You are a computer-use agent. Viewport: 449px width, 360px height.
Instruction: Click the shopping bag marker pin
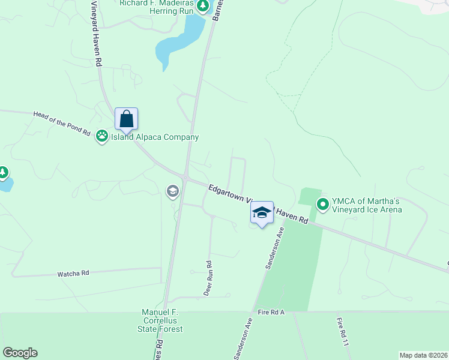point(127,119)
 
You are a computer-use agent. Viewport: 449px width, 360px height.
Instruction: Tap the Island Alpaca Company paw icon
point(102,137)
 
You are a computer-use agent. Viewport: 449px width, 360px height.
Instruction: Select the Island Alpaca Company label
point(154,137)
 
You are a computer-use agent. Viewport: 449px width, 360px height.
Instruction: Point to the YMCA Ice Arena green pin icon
point(322,205)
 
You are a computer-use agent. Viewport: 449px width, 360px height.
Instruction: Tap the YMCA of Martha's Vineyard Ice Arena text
point(367,205)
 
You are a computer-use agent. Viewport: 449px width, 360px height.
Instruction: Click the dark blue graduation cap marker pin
point(262,213)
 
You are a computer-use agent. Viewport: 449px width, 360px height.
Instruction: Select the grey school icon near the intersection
point(173,191)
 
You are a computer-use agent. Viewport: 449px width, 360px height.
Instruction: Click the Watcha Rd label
point(73,273)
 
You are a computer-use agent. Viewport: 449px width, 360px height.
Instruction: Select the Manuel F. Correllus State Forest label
point(162,320)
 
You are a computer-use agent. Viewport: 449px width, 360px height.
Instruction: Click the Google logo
point(20,353)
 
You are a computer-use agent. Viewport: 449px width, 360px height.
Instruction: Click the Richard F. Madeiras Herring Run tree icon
point(203,6)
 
